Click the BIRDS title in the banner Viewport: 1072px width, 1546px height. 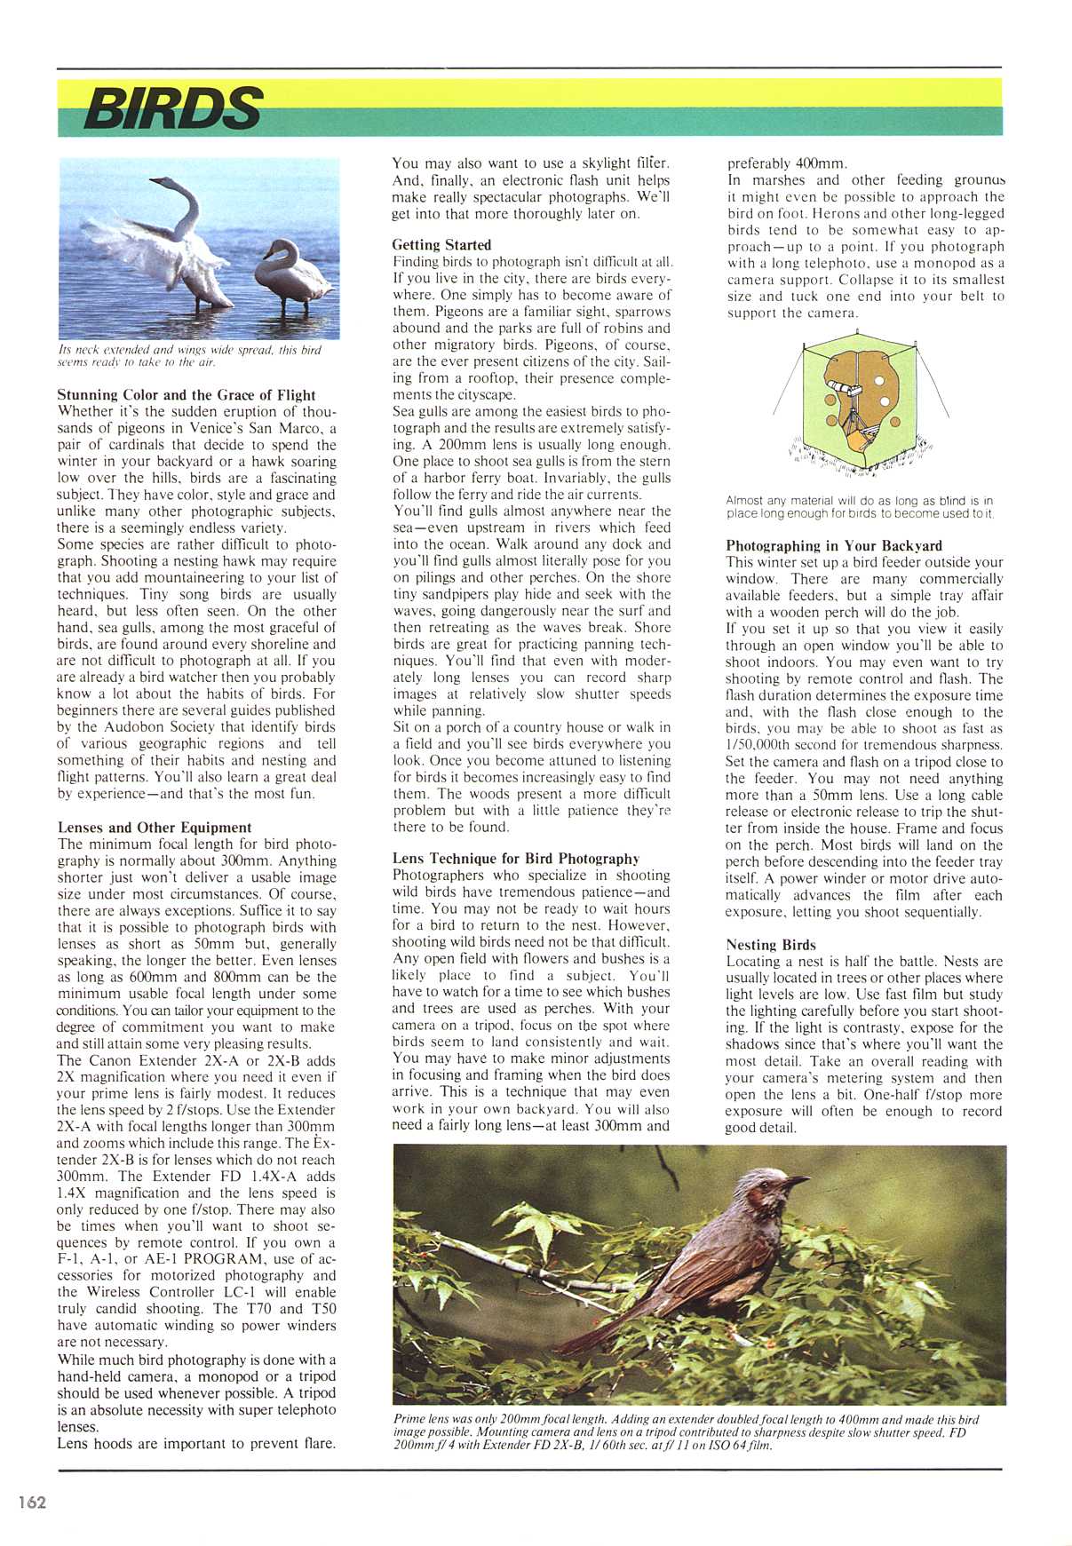172,108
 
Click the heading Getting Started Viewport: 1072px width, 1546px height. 441,244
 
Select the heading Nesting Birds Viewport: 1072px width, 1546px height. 770,945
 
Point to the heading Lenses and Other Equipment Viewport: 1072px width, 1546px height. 155,827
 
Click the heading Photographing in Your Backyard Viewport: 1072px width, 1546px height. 834,545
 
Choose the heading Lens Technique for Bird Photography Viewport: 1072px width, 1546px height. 516,858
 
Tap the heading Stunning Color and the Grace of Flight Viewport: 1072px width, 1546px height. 187,394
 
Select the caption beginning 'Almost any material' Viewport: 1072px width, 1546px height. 859,507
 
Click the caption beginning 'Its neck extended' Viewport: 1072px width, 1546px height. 189,355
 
